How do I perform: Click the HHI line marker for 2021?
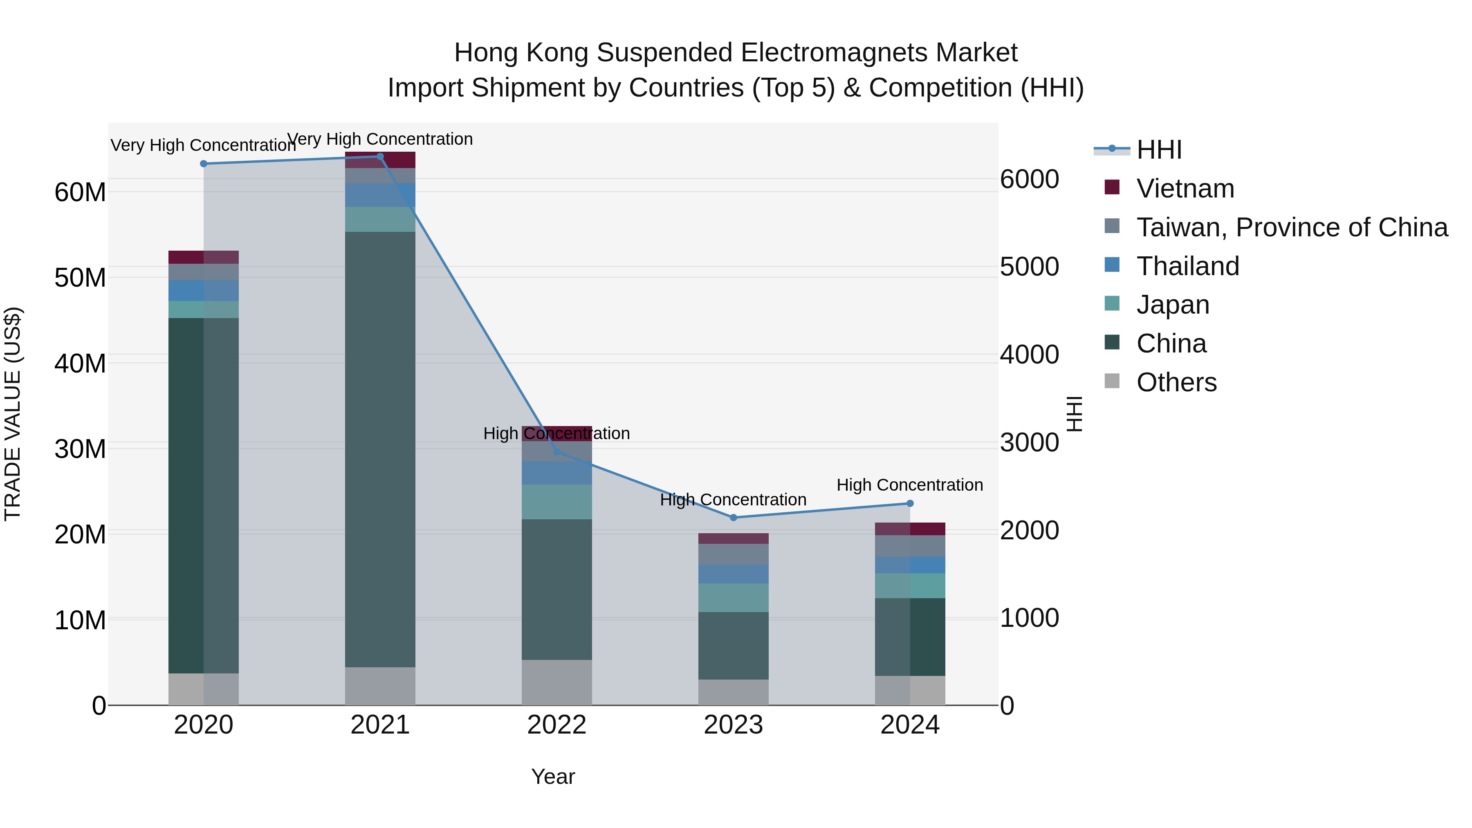click(380, 156)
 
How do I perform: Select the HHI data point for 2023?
click(734, 518)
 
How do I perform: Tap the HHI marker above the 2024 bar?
click(910, 503)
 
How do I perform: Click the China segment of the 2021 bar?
click(380, 449)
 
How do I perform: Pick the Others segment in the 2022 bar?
click(556, 682)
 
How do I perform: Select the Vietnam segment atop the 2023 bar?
click(733, 538)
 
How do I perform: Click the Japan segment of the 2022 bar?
click(556, 502)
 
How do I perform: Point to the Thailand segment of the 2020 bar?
click(204, 290)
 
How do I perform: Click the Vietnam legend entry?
click(1185, 188)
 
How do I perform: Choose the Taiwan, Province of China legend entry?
click(1291, 227)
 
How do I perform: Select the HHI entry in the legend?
click(1158, 150)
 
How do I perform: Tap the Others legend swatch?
click(1112, 381)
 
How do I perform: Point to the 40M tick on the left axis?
click(80, 364)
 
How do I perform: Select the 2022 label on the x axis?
click(556, 725)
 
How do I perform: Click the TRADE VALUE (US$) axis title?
click(13, 414)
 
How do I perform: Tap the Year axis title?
click(552, 776)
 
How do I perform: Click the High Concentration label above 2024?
click(910, 485)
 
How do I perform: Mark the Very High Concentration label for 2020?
click(204, 145)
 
